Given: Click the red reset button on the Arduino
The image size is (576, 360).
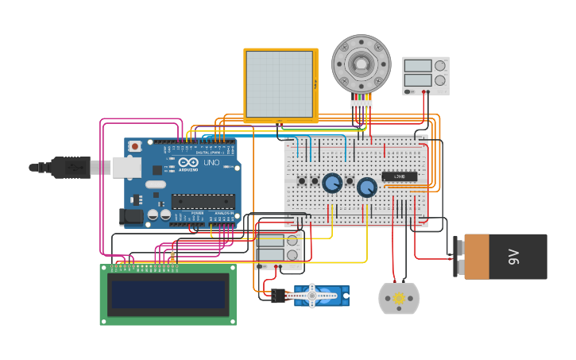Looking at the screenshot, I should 135,146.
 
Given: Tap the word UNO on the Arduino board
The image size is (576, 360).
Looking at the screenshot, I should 211,163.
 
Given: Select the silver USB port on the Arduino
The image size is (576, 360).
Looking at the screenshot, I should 126,167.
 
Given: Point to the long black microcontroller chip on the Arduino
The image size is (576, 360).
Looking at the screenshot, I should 203,201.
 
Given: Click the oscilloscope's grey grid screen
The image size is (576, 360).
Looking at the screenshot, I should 280,83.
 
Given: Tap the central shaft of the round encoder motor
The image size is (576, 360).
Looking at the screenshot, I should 361,63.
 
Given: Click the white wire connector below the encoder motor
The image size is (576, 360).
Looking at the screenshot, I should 361,103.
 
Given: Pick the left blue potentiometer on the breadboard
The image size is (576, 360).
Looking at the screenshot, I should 332,183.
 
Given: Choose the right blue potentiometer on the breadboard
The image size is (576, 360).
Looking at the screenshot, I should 366,188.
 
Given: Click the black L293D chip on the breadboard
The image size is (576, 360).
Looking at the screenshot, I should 399,176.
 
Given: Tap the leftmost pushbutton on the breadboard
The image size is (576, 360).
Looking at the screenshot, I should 302,181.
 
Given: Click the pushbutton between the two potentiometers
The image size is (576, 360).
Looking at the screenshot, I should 349,181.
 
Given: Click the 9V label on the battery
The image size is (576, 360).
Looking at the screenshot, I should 513,257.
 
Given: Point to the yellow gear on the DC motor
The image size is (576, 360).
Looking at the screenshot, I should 399,297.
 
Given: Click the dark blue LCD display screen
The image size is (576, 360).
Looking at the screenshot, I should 168,293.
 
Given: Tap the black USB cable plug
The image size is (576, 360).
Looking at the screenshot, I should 72,167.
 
